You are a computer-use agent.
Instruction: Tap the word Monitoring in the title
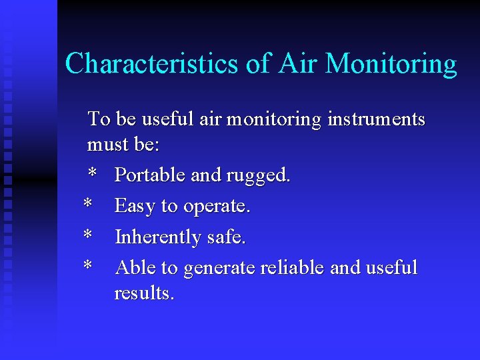(391, 64)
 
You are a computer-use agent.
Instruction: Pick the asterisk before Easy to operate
(87, 205)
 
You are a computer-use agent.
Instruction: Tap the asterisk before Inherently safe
(87, 235)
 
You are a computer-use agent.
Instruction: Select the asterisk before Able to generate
(87, 266)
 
